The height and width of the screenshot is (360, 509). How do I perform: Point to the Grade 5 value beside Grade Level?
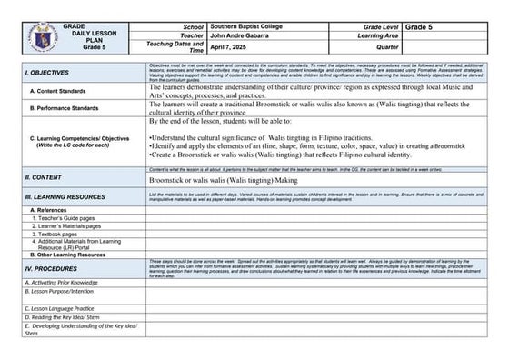pos(424,18)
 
